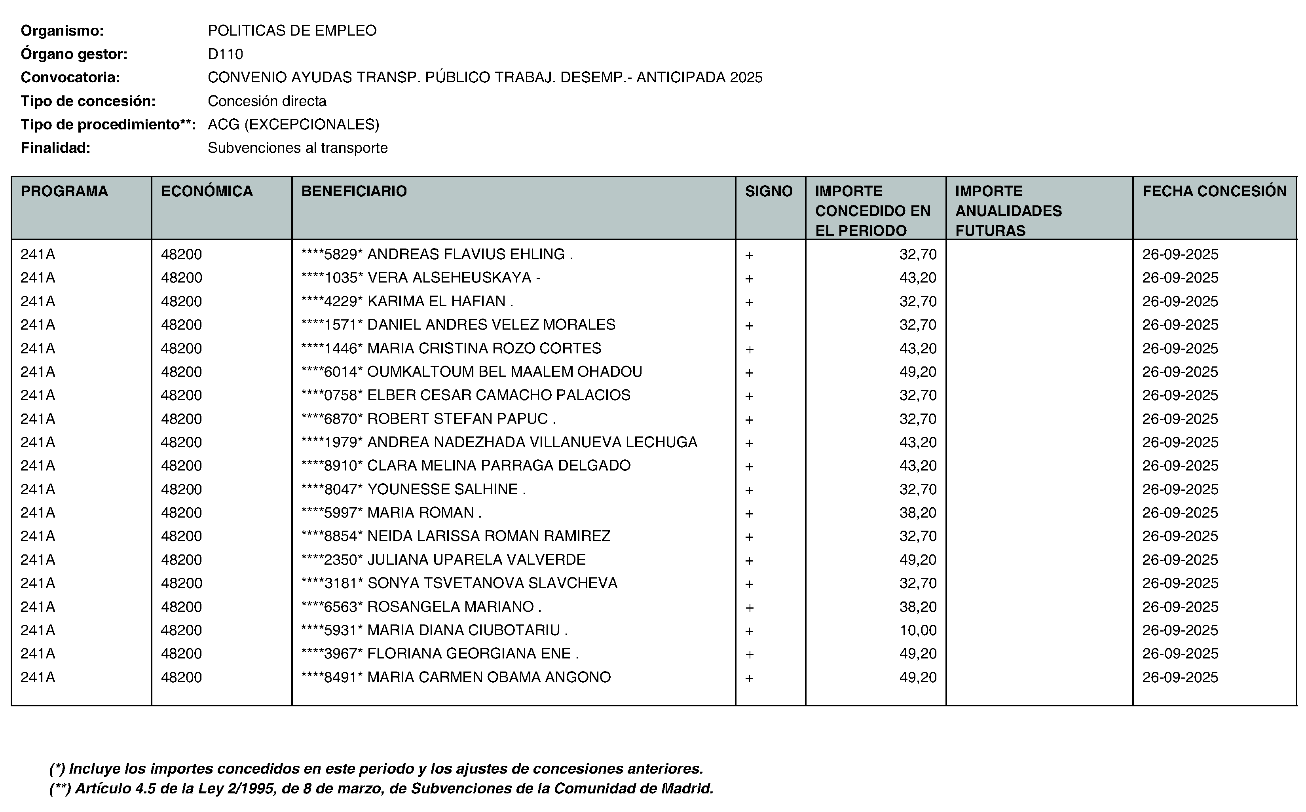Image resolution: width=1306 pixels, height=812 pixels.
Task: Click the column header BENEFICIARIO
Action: point(354,191)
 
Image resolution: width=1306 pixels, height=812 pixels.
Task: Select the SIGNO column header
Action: point(769,191)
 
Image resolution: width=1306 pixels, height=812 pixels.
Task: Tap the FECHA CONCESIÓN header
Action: point(1214,191)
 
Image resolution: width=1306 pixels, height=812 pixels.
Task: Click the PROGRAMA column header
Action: point(64,191)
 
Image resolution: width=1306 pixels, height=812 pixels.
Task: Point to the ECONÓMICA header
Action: point(207,191)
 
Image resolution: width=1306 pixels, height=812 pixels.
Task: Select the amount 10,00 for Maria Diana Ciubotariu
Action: point(918,630)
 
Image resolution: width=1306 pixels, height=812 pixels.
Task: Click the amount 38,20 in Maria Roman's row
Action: point(918,512)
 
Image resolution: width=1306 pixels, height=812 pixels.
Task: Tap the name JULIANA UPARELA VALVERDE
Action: point(476,560)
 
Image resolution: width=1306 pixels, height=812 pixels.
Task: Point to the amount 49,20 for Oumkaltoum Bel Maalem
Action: point(918,372)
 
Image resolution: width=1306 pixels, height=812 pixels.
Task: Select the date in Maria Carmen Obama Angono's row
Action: point(1180,677)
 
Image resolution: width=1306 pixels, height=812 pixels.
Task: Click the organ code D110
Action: point(226,54)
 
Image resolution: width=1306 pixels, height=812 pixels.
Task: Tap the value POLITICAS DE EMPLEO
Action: point(292,30)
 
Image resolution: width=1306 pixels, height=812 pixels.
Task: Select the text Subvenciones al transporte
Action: point(298,148)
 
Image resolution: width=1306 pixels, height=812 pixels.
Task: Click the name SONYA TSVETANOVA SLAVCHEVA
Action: point(492,583)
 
